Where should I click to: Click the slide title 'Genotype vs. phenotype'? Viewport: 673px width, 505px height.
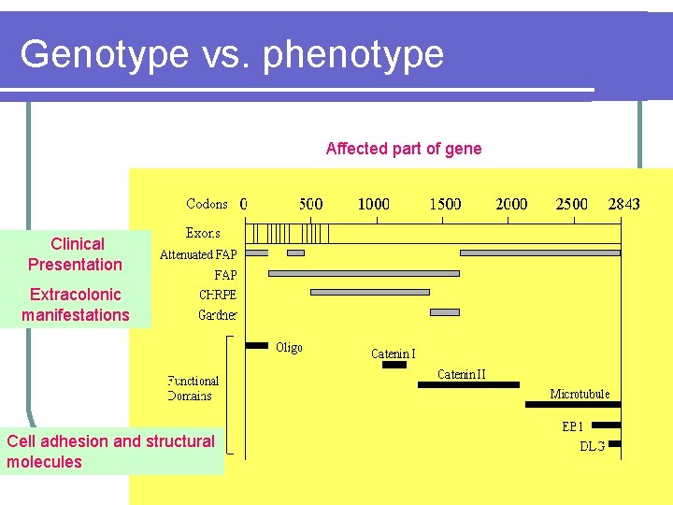[232, 54]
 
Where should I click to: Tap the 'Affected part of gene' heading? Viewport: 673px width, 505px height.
[404, 149]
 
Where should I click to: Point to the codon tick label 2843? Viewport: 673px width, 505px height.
[623, 204]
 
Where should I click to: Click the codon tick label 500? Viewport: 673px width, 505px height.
[311, 204]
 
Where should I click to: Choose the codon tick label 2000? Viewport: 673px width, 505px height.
[510, 204]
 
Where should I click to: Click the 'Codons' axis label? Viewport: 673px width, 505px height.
[207, 204]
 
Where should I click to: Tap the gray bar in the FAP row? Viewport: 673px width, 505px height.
[364, 273]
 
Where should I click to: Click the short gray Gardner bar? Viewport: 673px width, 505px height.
[445, 311]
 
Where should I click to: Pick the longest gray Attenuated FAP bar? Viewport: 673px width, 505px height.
[540, 252]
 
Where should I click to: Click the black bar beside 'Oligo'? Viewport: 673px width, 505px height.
[256, 346]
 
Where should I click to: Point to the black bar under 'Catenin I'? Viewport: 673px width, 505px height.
[394, 365]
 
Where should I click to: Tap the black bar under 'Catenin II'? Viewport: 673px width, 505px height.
[468, 384]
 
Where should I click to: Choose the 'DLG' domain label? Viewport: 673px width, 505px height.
[592, 445]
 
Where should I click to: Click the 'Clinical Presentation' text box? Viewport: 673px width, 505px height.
[77, 254]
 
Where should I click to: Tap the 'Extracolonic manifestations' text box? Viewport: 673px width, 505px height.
[76, 305]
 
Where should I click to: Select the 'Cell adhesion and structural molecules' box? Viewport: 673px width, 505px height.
[111, 451]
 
